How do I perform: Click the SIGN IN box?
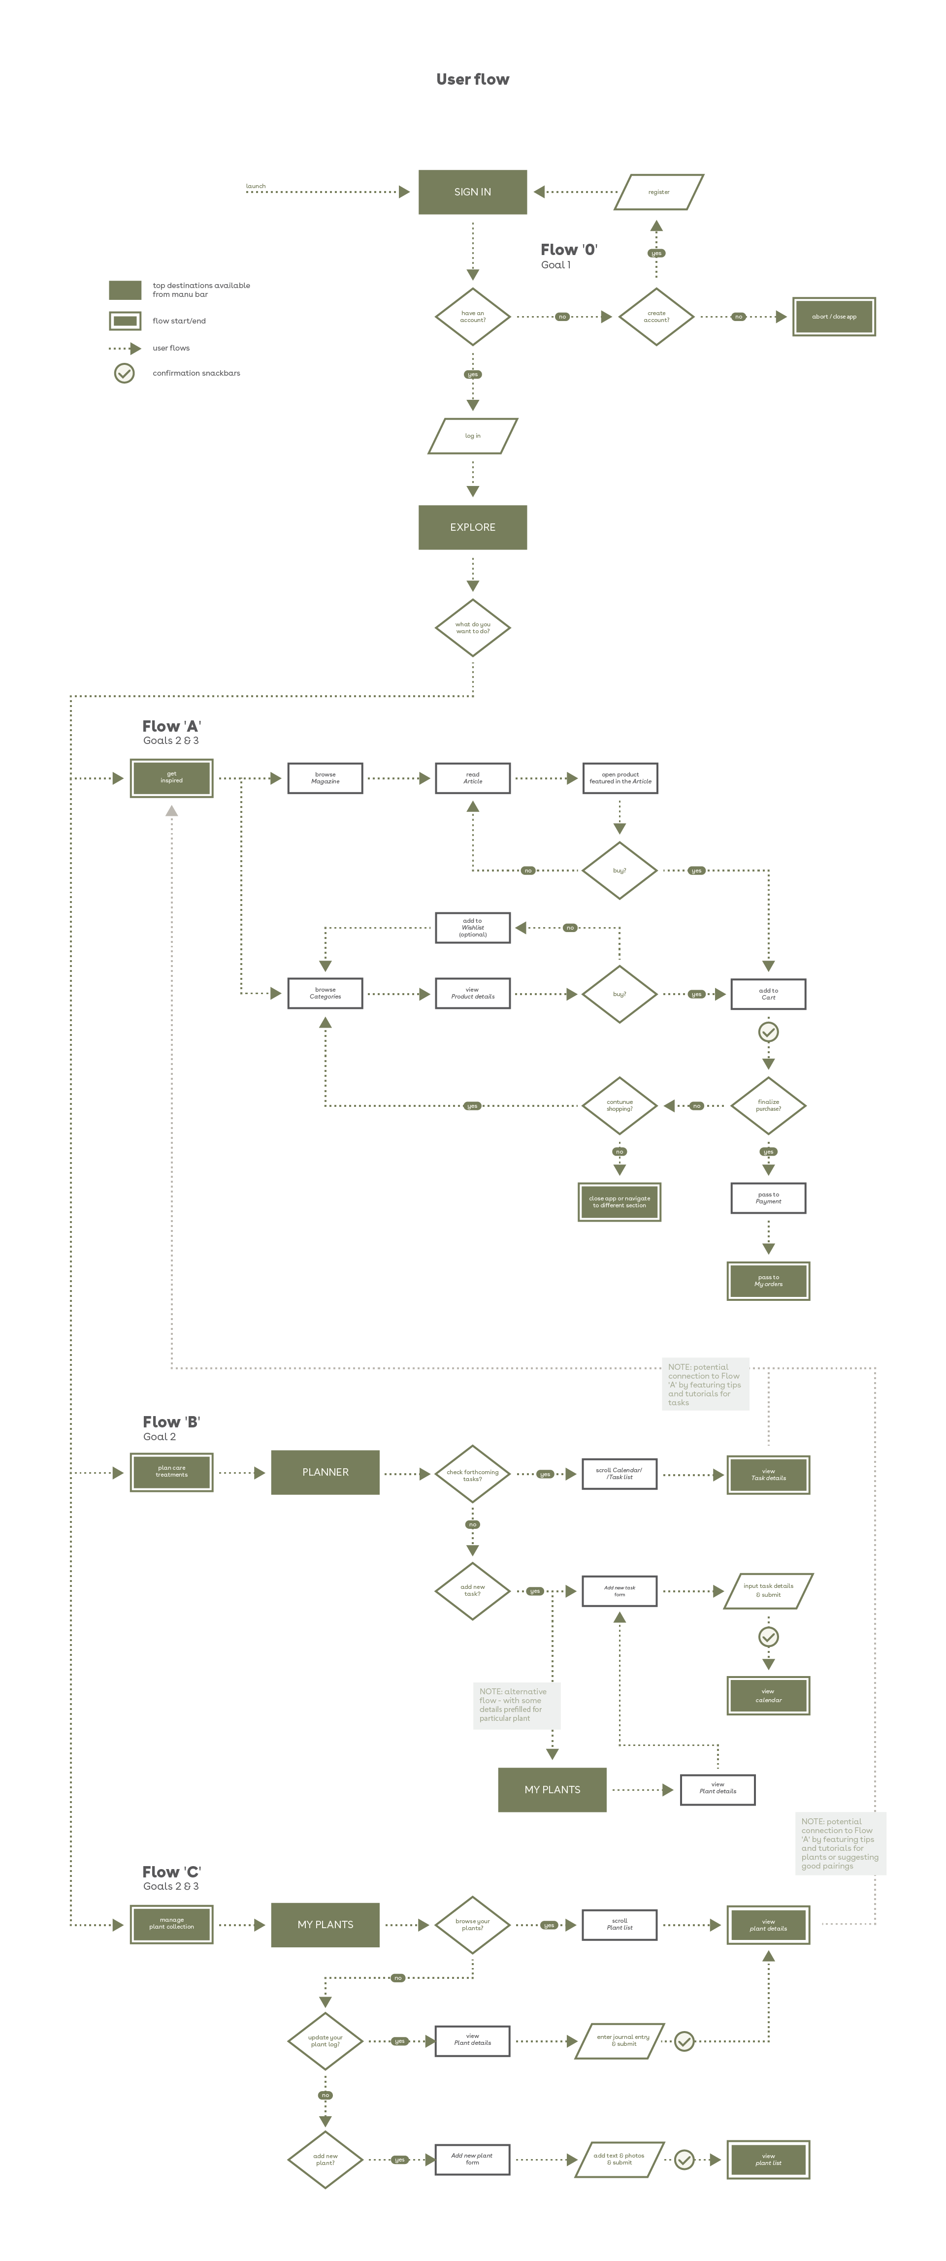pos(472,192)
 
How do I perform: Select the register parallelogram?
pos(658,192)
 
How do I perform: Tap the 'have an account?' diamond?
pos(472,317)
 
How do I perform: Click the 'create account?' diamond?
pos(655,317)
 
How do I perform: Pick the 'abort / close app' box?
pos(834,317)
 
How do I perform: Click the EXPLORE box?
pos(472,527)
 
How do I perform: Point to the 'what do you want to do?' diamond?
pos(472,628)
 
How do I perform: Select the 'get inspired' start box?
pos(171,777)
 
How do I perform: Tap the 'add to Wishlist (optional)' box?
pos(472,928)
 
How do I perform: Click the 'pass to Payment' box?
pos(768,1198)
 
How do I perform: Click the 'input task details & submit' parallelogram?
pos(768,1590)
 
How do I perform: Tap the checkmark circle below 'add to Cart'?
pos(768,1032)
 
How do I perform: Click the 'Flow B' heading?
pos(171,1422)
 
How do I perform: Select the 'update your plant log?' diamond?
pos(325,2041)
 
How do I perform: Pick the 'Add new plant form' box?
pos(472,2159)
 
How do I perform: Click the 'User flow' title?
pos(472,79)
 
